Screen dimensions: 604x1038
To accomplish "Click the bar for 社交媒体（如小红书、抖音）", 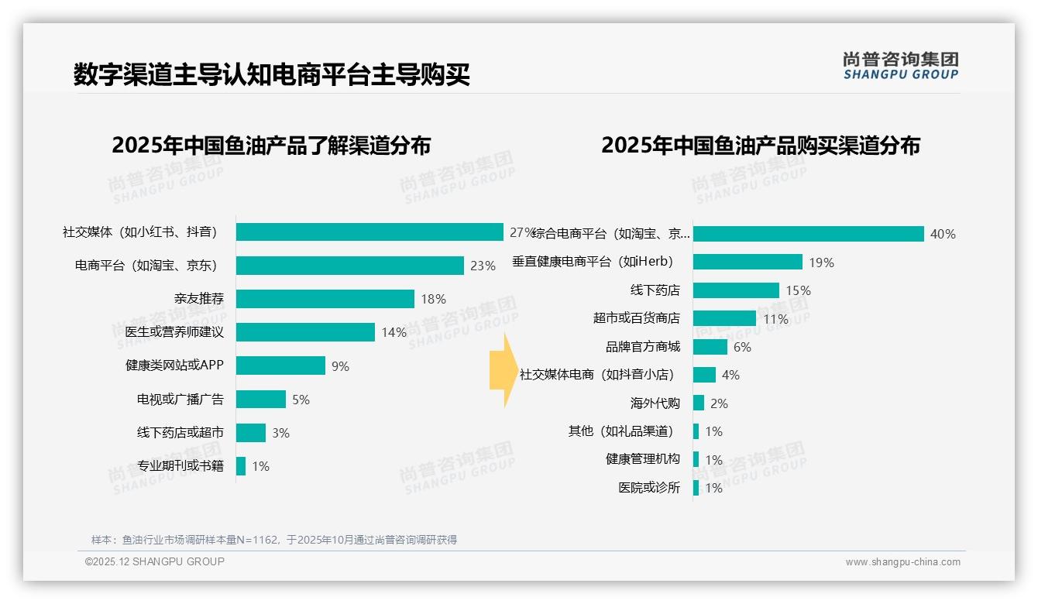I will coord(369,232).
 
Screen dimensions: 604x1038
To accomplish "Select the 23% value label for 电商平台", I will coord(482,266).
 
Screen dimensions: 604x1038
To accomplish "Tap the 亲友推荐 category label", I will coord(198,299).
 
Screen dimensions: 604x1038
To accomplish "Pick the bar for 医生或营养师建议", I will coord(305,332).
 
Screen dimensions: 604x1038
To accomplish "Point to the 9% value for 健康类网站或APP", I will coord(340,366).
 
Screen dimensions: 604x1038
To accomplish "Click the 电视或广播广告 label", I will coord(180,400).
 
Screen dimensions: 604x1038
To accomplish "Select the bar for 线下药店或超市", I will coord(251,433).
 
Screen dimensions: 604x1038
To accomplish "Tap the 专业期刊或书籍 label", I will coord(180,466).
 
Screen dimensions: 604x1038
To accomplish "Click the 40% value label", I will coord(943,234).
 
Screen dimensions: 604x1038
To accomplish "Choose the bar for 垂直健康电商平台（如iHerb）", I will coord(748,262).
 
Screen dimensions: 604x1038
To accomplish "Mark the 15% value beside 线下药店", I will coord(798,290).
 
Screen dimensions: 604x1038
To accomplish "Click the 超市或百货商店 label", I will coord(636,318).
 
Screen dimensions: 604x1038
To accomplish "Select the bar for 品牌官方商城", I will coord(710,347).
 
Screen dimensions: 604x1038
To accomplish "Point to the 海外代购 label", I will coord(655,403).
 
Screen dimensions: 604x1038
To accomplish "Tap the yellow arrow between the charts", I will coord(502,370).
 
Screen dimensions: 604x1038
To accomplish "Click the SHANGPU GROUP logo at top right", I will coord(901,66).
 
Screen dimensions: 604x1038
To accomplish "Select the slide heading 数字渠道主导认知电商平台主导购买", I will coord(272,75).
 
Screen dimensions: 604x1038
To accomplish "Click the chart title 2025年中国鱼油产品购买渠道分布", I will coord(761,146).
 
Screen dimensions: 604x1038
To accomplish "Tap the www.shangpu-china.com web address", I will coord(902,562).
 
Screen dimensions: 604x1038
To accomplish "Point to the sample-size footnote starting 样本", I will coord(274,540).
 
